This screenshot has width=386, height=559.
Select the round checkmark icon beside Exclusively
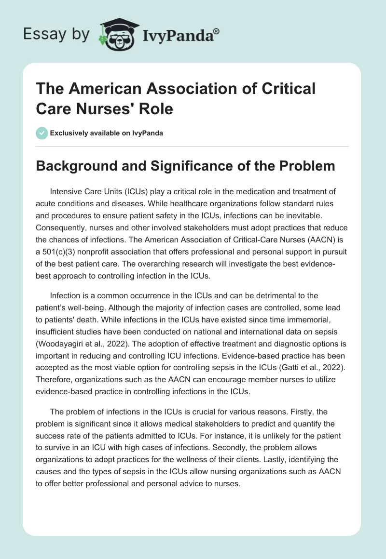tap(42, 133)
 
